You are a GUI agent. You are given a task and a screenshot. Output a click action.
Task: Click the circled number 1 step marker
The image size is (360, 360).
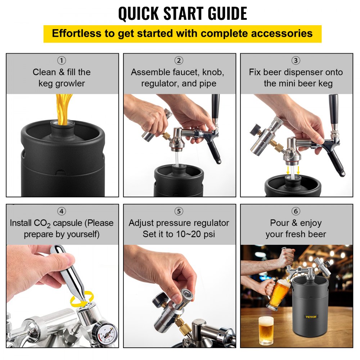click(62, 60)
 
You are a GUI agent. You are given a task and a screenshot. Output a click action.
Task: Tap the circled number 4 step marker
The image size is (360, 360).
click(62, 211)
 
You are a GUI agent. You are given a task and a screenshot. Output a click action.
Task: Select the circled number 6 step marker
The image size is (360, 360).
click(296, 211)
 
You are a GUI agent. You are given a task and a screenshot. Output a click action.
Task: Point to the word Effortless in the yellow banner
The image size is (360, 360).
click(76, 33)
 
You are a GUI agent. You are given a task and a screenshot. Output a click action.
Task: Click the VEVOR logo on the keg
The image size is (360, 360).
click(311, 316)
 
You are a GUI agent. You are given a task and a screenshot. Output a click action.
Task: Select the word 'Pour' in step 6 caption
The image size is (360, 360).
click(279, 223)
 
